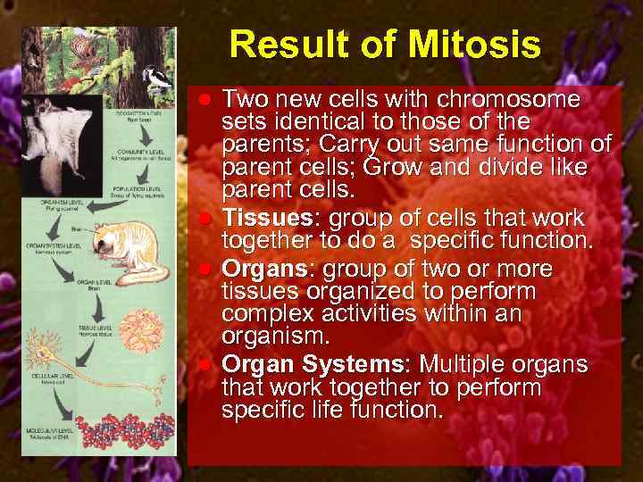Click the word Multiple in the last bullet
tap(463, 364)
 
